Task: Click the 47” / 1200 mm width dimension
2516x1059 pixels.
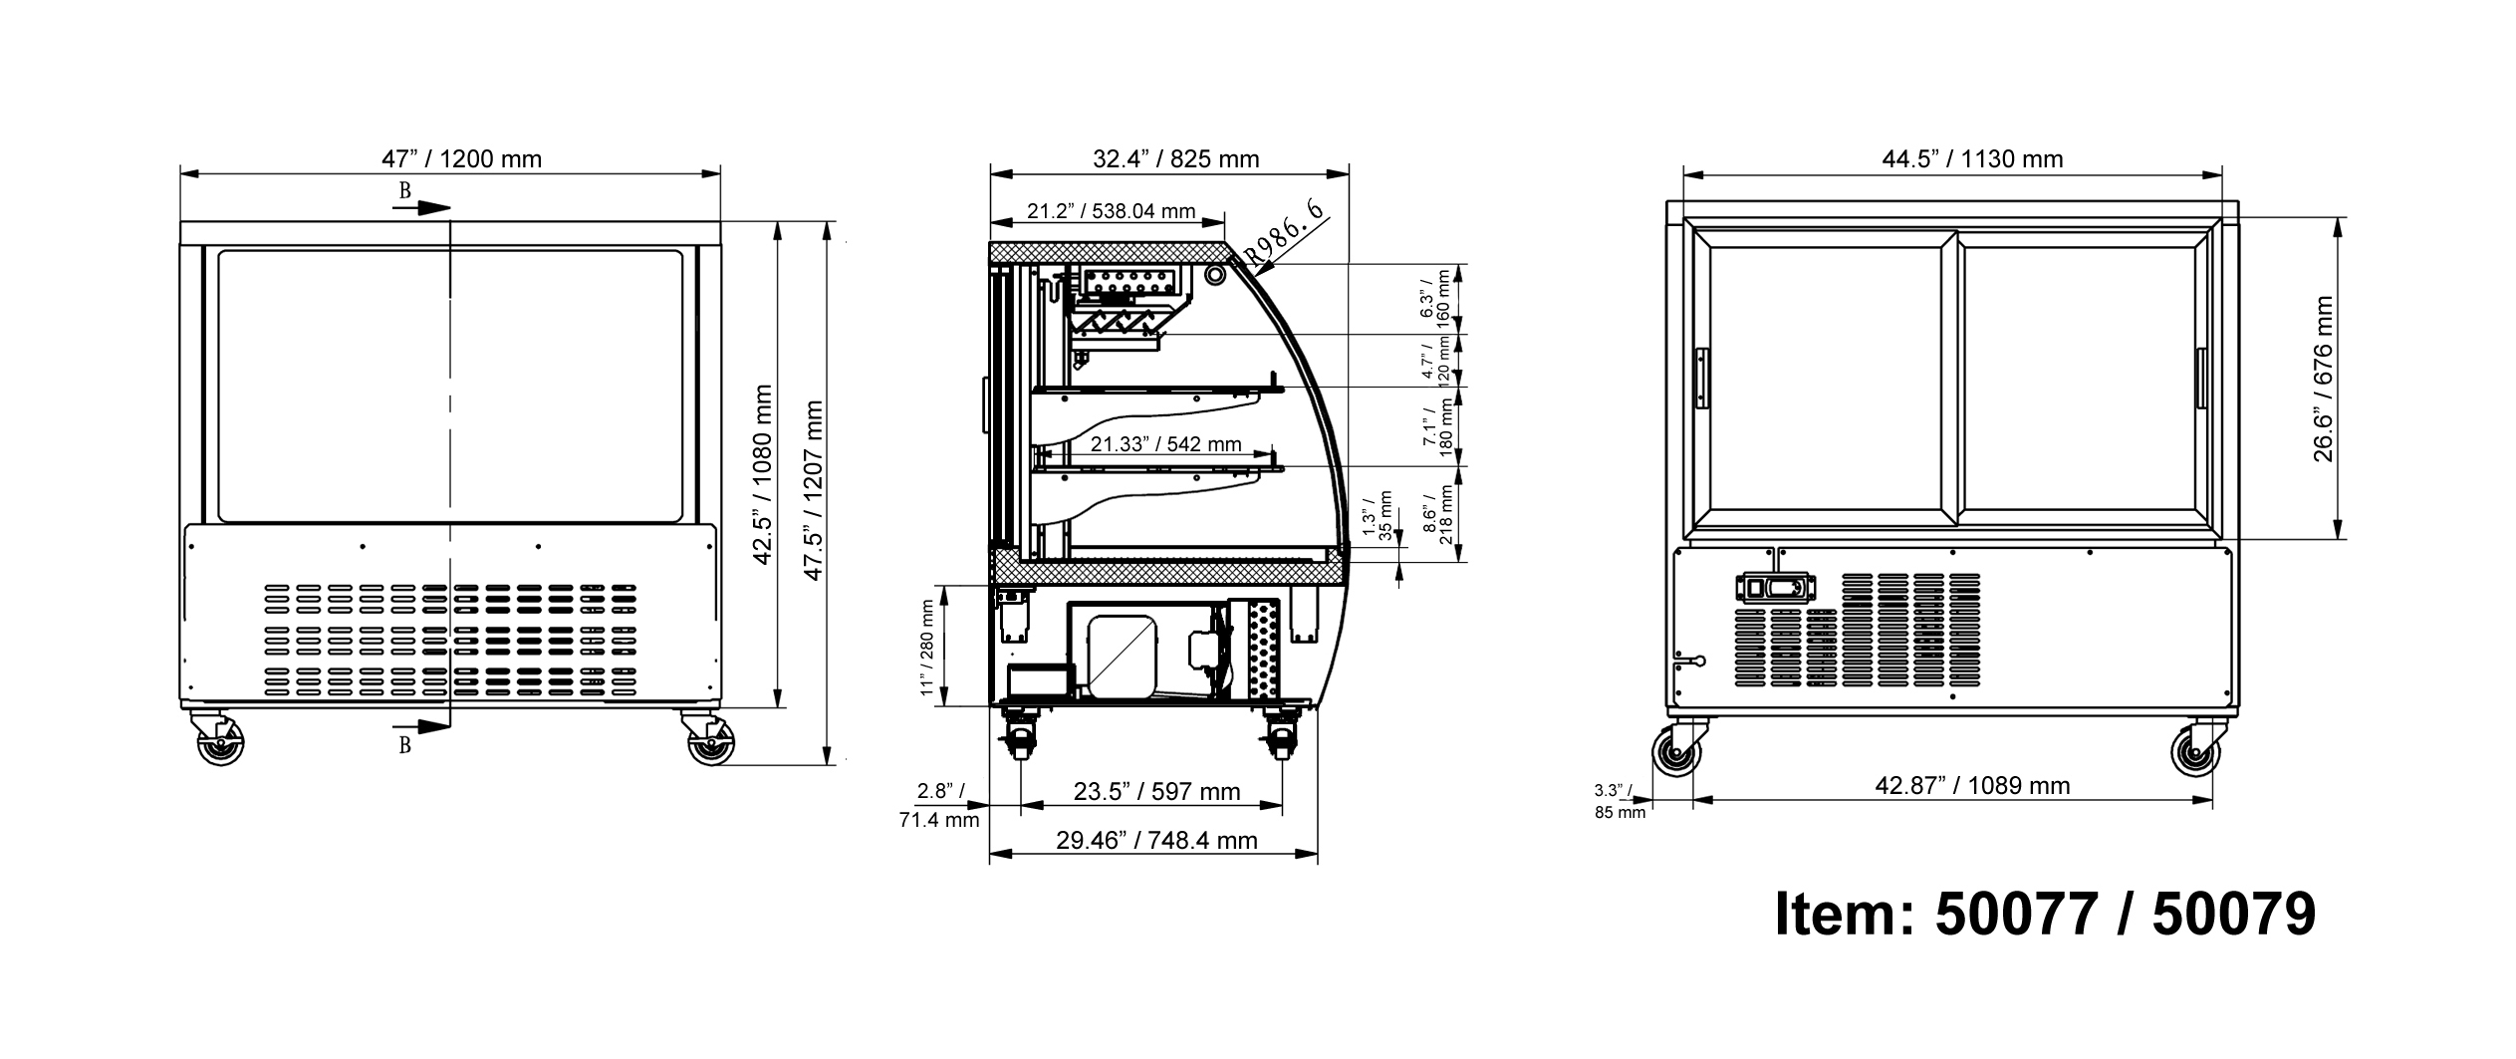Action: (x=461, y=159)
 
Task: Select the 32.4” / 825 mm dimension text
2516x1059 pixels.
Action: (x=1176, y=159)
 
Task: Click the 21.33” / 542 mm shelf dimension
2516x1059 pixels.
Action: (x=1165, y=444)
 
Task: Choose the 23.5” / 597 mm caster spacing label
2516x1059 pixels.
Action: (x=1156, y=792)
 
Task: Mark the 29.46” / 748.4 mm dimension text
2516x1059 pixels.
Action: (x=1156, y=841)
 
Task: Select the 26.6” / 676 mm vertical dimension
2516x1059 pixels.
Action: (x=2323, y=380)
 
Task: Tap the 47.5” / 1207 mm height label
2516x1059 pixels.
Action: (x=813, y=490)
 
